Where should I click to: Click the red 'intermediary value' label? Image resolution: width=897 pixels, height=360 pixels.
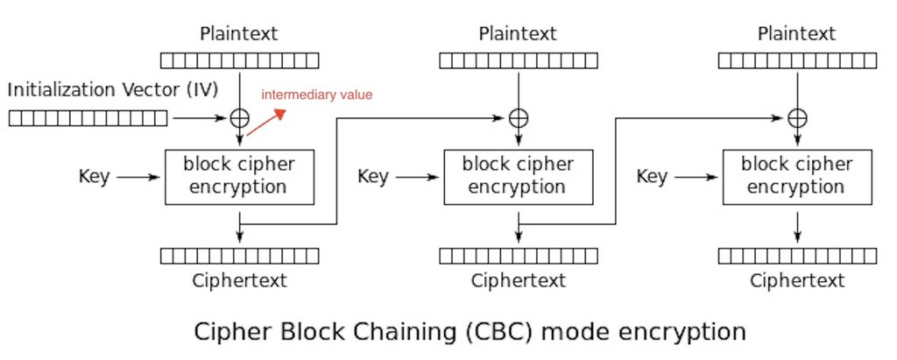tap(317, 95)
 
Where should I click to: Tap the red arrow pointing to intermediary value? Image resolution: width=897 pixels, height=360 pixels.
tap(265, 122)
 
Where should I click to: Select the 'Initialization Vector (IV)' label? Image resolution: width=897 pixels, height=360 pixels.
tap(113, 90)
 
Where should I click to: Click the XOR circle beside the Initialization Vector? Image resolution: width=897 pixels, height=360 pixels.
tap(240, 118)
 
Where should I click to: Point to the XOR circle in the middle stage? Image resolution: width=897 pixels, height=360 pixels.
tap(519, 118)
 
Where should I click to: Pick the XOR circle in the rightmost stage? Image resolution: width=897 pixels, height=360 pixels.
tap(797, 118)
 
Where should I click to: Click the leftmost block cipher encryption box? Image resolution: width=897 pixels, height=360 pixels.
tap(240, 177)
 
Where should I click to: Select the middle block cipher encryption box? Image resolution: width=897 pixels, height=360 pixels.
tap(519, 177)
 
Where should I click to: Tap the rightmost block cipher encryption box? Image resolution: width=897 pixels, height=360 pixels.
tap(797, 177)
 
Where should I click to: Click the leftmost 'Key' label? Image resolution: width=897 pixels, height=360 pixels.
tap(94, 177)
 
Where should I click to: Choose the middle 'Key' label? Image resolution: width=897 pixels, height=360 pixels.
tap(373, 177)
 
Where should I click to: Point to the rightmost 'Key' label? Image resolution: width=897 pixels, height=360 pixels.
tap(652, 177)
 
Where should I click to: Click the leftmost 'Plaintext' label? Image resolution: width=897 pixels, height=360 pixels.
tap(239, 33)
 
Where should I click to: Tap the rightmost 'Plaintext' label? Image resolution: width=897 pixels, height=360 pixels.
tap(797, 33)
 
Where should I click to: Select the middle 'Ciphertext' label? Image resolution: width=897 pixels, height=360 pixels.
tap(519, 280)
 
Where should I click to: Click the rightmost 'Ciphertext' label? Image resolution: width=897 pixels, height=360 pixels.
tap(797, 280)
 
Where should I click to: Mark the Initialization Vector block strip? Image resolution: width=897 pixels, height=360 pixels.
tap(88, 118)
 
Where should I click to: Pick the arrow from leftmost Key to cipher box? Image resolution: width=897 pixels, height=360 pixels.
tap(138, 178)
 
